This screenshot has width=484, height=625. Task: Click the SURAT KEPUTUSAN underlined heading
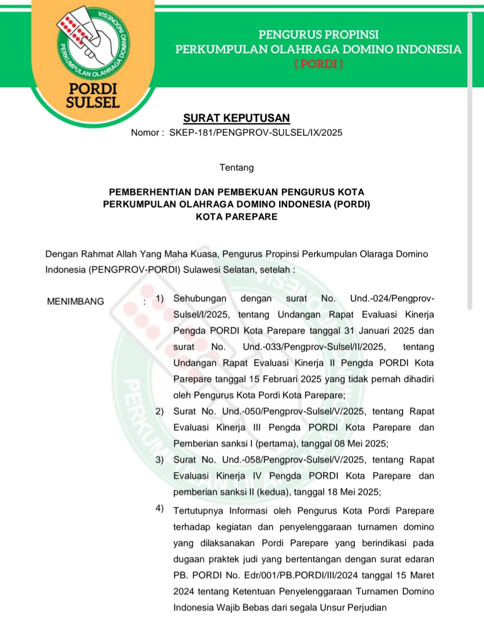(x=236, y=118)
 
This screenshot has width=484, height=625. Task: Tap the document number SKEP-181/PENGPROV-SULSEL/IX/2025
(x=255, y=133)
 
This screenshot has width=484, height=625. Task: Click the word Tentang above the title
(x=236, y=168)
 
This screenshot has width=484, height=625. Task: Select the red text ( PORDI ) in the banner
(x=319, y=64)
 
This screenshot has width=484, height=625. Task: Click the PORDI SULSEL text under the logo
(x=93, y=95)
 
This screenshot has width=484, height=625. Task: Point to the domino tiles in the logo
(x=75, y=29)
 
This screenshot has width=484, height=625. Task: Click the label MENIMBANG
(x=75, y=302)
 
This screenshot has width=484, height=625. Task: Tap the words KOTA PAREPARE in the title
(x=236, y=217)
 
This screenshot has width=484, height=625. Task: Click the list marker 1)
(x=160, y=298)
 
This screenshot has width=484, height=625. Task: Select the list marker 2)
(x=160, y=411)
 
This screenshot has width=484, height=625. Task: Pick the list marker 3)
(x=160, y=460)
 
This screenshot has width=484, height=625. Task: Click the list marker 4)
(x=160, y=508)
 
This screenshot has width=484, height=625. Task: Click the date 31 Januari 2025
(x=379, y=331)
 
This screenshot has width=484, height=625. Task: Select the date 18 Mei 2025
(x=353, y=492)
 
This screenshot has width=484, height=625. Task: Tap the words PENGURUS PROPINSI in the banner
(x=319, y=34)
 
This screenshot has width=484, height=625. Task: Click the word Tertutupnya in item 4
(x=198, y=511)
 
